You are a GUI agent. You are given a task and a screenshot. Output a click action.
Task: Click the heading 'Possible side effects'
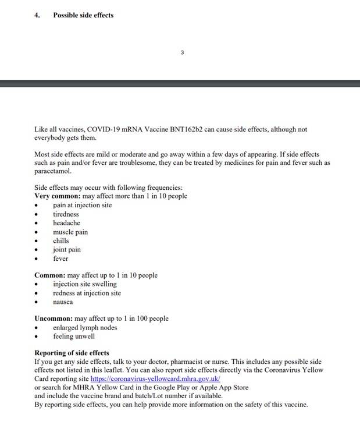click(x=83, y=15)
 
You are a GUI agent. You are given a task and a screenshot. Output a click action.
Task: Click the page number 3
click(x=182, y=52)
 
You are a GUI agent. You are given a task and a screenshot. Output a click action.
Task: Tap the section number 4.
click(x=37, y=15)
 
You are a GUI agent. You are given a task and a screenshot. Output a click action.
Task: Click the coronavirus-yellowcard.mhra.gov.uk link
click(x=155, y=378)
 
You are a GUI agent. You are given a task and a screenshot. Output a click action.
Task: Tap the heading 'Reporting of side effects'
click(x=72, y=353)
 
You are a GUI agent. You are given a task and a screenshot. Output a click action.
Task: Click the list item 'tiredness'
click(x=66, y=214)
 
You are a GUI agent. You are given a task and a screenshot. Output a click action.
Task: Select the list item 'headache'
click(x=66, y=223)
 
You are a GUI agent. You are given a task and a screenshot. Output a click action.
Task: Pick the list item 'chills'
click(x=60, y=240)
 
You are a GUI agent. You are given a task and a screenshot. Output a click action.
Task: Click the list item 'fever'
click(x=60, y=258)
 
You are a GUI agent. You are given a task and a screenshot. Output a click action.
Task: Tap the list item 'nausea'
click(x=63, y=302)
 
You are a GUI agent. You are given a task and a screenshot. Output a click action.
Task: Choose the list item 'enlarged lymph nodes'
click(x=85, y=328)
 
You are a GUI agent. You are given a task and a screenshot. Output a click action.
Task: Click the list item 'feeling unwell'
click(x=74, y=337)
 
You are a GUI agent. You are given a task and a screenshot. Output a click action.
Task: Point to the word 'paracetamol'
click(x=53, y=172)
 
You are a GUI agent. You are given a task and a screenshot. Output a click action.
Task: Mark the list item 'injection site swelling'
click(x=85, y=284)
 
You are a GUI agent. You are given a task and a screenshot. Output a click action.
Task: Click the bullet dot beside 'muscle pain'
click(x=36, y=232)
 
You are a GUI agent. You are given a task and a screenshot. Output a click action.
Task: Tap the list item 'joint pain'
click(x=67, y=250)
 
